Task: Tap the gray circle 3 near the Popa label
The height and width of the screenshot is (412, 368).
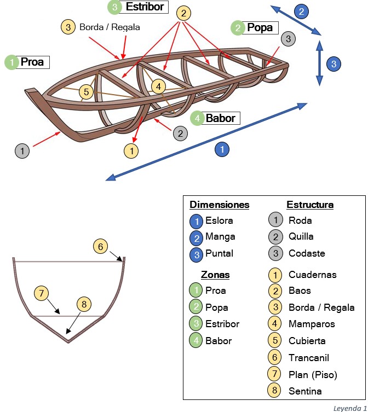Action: (289, 39)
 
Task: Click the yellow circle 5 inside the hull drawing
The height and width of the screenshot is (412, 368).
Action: (86, 92)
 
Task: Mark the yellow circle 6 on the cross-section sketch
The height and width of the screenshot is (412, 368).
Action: (99, 246)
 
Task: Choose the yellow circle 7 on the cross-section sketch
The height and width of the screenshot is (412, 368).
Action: (41, 293)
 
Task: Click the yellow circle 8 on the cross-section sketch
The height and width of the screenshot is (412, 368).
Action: (83, 304)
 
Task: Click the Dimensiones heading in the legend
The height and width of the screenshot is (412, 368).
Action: (219, 205)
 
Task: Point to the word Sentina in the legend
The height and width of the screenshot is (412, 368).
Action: (305, 391)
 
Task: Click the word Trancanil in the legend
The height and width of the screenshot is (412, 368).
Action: (309, 357)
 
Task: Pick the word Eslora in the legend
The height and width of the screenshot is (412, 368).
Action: (219, 220)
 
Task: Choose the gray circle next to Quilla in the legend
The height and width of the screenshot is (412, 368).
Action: (276, 236)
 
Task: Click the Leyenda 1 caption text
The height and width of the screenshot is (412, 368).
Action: (349, 408)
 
